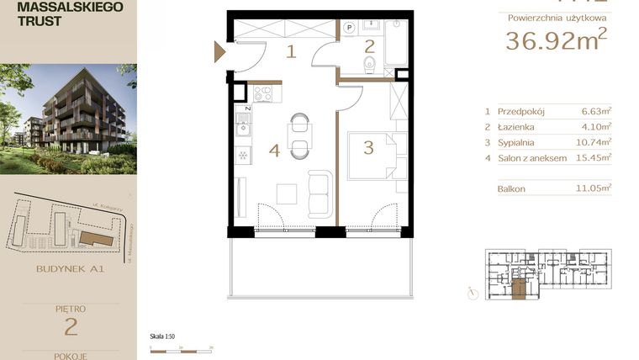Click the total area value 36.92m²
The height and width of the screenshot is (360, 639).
pos(556,40)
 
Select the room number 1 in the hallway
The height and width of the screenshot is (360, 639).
pos(291,52)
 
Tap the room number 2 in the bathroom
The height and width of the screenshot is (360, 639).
pos(369,46)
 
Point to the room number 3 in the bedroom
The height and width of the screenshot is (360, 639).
pos(368,149)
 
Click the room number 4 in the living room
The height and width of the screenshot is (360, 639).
pos(273,151)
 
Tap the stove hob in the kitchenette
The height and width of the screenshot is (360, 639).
pos(262,94)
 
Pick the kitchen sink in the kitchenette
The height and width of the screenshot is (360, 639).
pos(242,129)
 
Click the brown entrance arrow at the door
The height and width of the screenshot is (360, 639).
pos(219,52)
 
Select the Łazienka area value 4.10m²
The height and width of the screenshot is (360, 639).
pos(597,126)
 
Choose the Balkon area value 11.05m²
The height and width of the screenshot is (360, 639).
pos(596,189)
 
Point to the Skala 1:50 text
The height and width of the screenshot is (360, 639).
pos(162,336)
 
